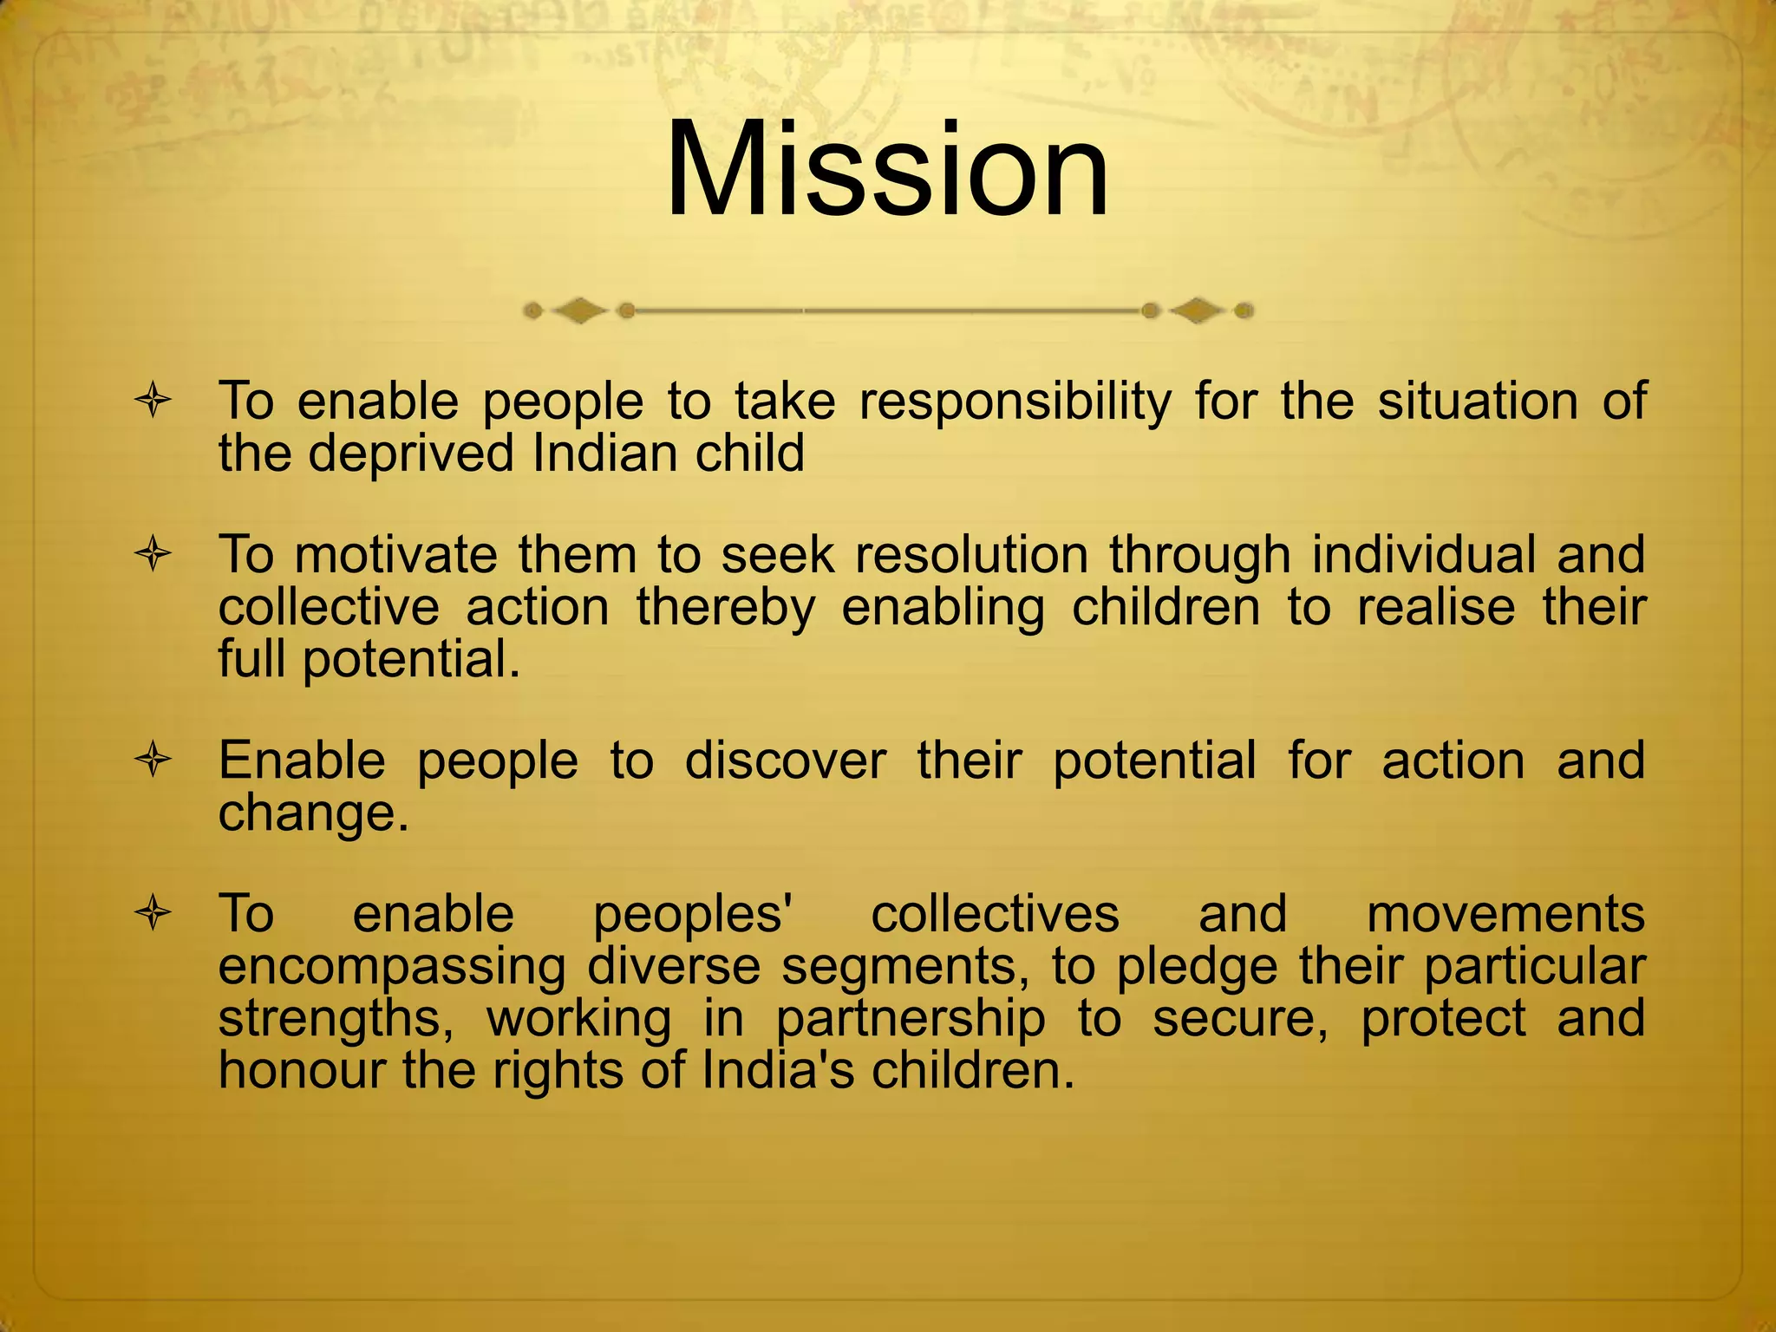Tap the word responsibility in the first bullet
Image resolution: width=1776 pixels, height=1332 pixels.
(x=1015, y=402)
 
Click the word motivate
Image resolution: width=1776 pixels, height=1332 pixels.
(x=395, y=555)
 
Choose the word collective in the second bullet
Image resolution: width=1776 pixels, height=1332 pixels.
(x=329, y=607)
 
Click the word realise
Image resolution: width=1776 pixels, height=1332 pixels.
(x=1436, y=607)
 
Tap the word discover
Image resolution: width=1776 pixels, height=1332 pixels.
(x=785, y=761)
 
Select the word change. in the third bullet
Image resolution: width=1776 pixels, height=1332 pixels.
(x=313, y=813)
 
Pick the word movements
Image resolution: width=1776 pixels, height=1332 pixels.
(x=1505, y=914)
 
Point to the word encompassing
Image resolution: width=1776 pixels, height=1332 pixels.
(x=391, y=967)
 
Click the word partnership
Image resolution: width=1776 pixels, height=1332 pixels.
(x=911, y=1019)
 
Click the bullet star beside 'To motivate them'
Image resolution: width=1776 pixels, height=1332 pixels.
(x=153, y=555)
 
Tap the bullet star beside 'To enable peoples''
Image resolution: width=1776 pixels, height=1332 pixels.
(x=153, y=914)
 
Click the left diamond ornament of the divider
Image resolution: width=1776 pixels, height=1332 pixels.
(x=578, y=310)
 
